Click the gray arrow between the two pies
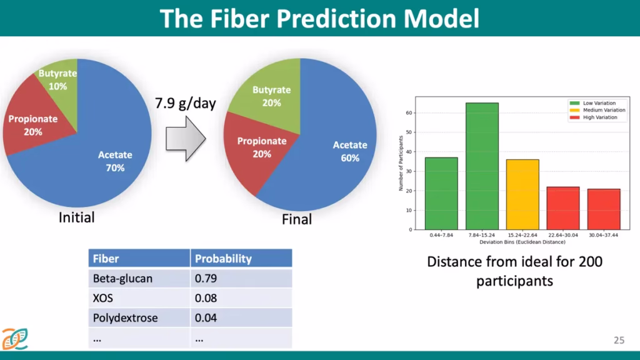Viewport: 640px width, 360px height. pyautogui.click(x=186, y=139)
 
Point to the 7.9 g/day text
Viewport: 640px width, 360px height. pyautogui.click(x=185, y=103)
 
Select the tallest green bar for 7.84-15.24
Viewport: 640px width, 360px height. pyautogui.click(x=482, y=166)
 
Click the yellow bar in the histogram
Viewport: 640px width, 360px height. pyautogui.click(x=522, y=195)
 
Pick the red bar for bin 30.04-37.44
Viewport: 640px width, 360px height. pyautogui.click(x=604, y=209)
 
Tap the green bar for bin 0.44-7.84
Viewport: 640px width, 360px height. pyautogui.click(x=441, y=194)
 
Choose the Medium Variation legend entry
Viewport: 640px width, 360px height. pyautogui.click(x=597, y=110)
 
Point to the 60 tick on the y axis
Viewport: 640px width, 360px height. pyautogui.click(x=409, y=112)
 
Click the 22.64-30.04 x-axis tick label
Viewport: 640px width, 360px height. pyautogui.click(x=563, y=235)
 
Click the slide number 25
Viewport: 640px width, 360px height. pyautogui.click(x=619, y=340)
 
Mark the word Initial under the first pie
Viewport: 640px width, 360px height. pyautogui.click(x=76, y=217)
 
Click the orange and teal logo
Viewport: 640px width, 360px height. pyautogui.click(x=15, y=339)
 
